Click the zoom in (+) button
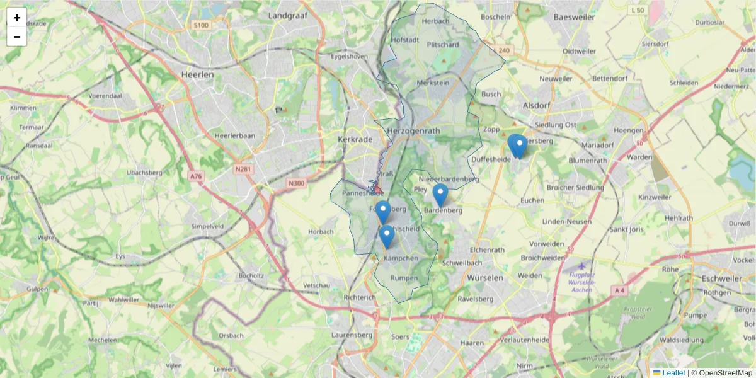tap(17, 18)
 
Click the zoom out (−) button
tap(17, 37)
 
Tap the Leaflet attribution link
tap(673, 373)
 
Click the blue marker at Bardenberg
tap(440, 195)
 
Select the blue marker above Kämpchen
tap(387, 236)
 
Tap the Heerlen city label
tap(197, 74)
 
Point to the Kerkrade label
tap(356, 139)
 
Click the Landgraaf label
tap(287, 15)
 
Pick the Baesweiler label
tap(574, 17)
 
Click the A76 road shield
tap(196, 176)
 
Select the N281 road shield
tap(242, 169)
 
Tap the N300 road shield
tap(295, 183)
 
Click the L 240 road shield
tap(501, 50)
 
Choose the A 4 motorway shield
tap(619, 290)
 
